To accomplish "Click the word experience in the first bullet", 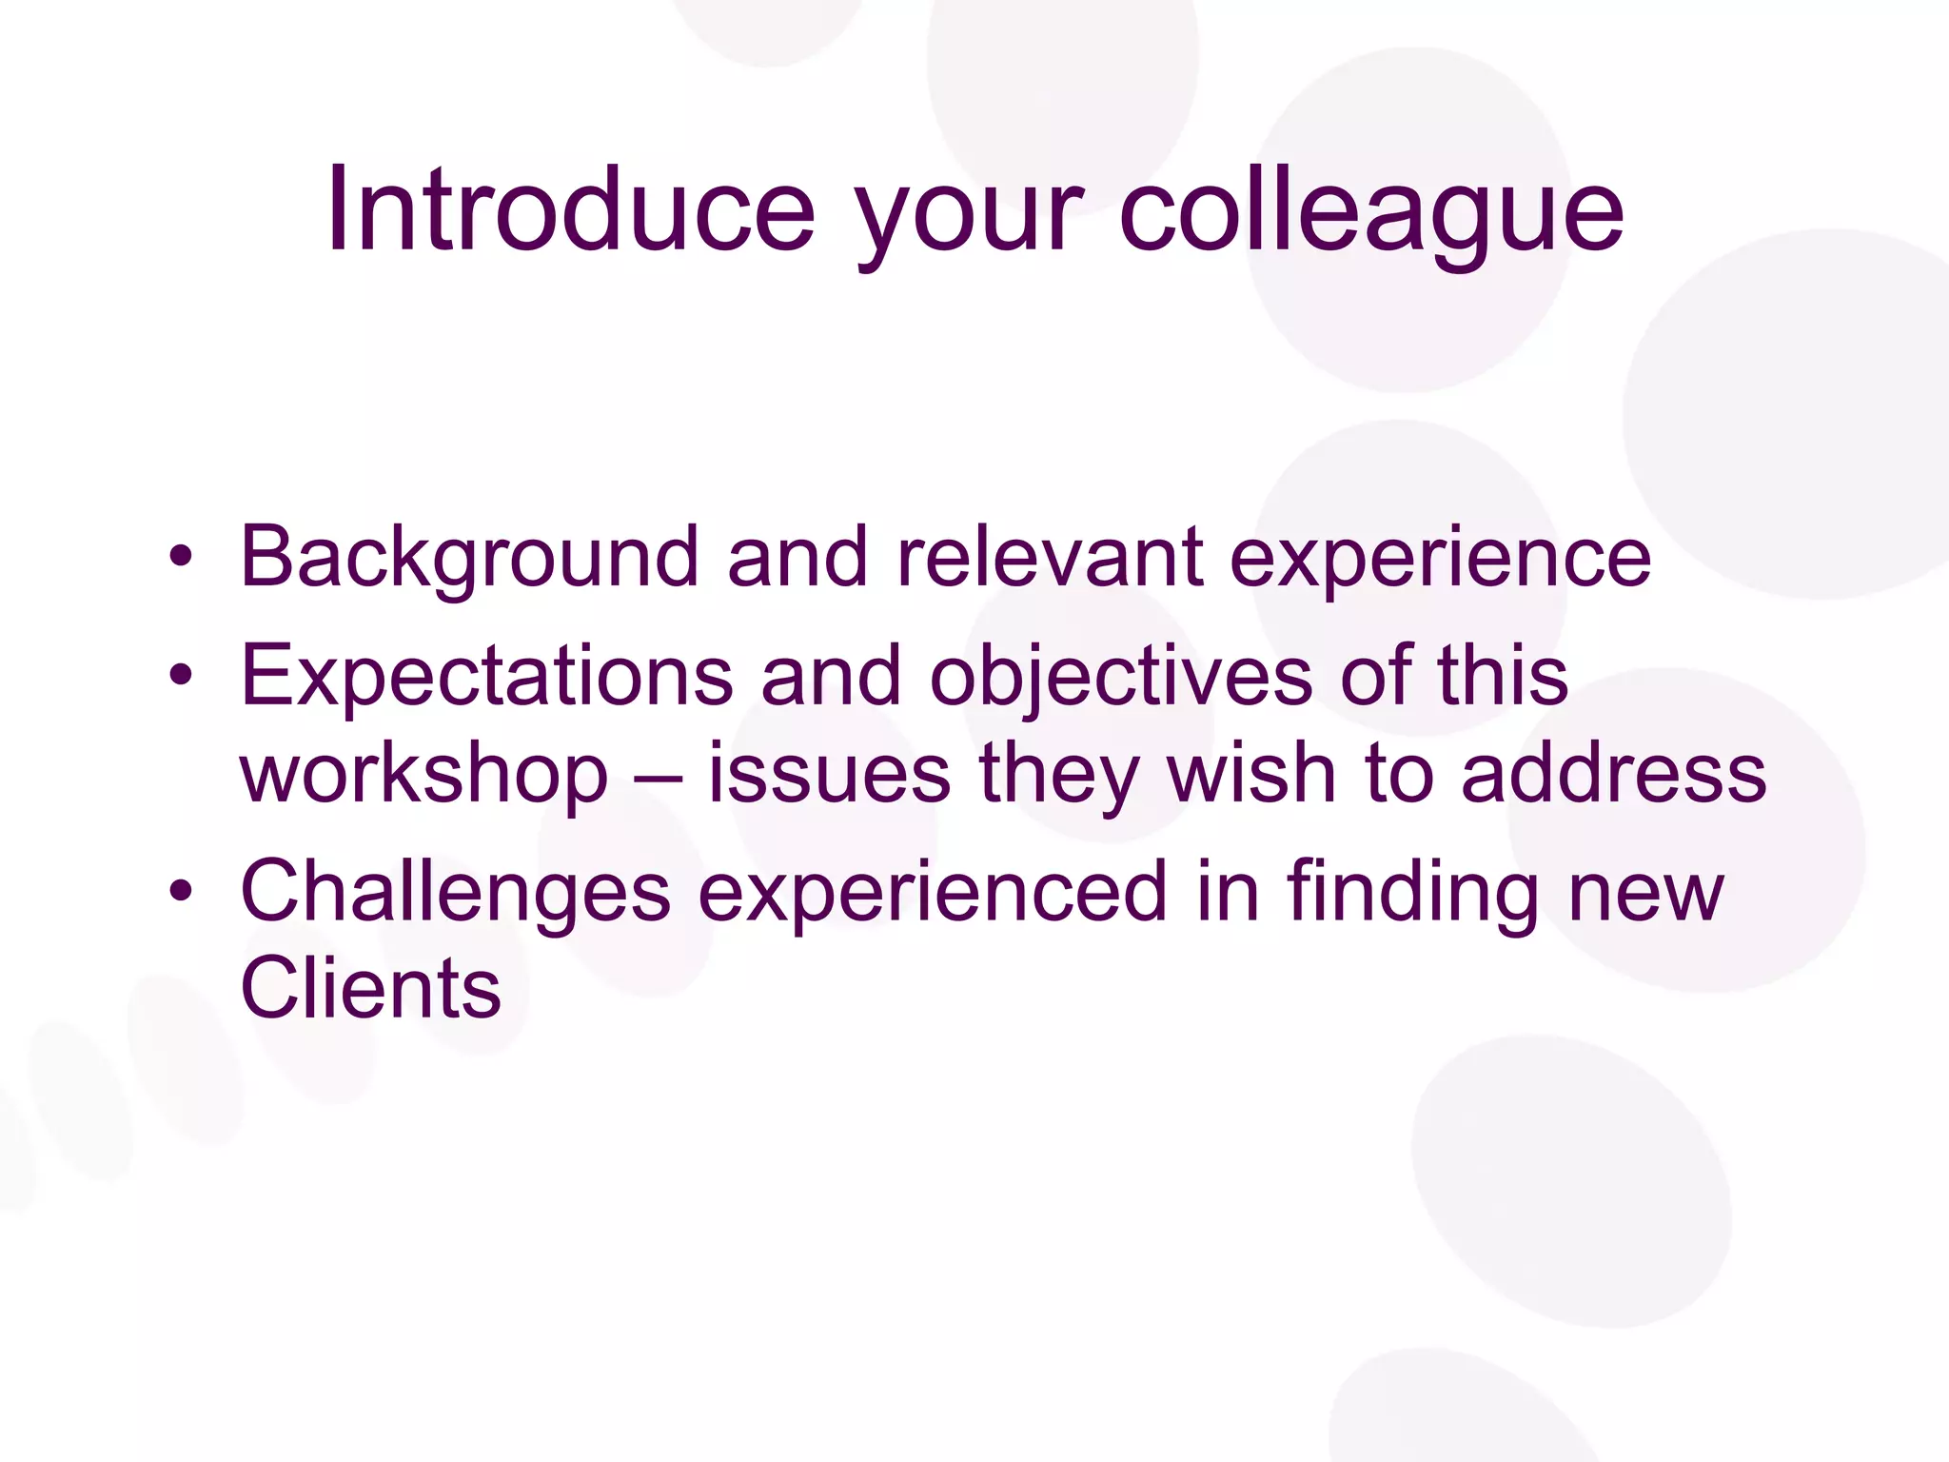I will (1440, 562).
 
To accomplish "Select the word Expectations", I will (486, 676).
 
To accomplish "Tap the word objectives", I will (1120, 678).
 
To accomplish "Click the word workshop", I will (423, 775).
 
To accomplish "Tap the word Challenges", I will (456, 893).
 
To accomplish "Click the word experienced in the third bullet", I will (933, 895).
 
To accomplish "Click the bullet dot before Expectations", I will (181, 676).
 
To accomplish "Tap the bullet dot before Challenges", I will (181, 892).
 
